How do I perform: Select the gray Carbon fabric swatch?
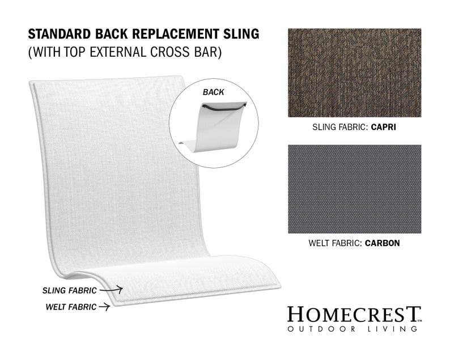pyautogui.click(x=354, y=189)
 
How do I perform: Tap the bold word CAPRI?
pyautogui.click(x=383, y=128)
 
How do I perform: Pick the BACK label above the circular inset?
pyautogui.click(x=213, y=91)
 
